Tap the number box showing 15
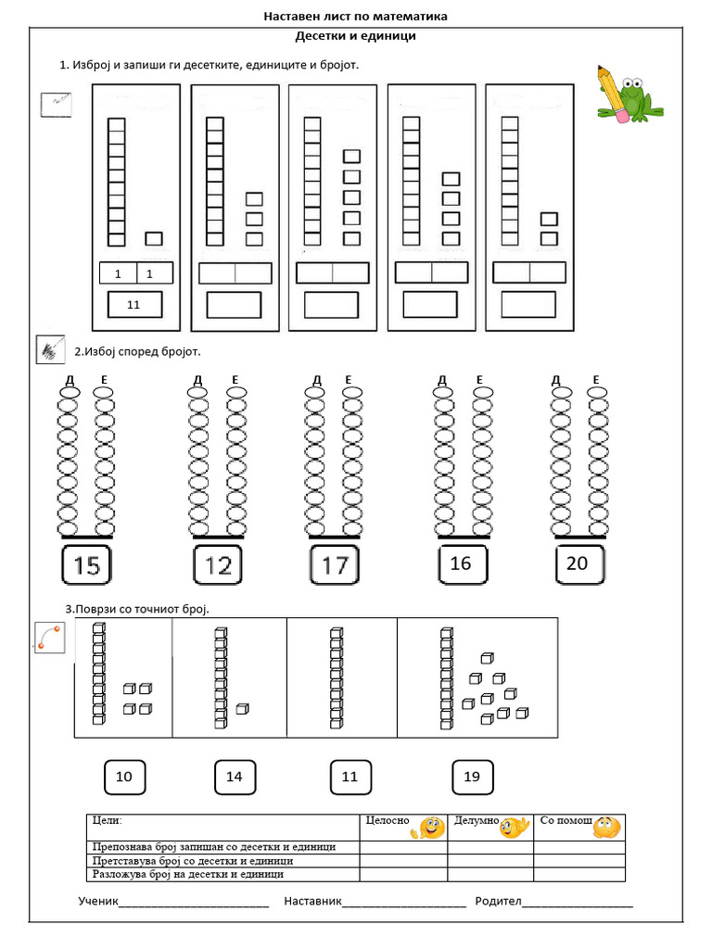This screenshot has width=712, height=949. click(86, 565)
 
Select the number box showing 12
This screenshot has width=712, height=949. click(218, 565)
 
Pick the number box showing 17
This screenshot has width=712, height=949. click(334, 565)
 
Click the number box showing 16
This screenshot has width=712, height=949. click(461, 563)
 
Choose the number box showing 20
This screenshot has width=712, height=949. click(578, 563)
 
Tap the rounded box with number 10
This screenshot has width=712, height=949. click(124, 777)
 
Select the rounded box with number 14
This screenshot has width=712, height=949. click(235, 777)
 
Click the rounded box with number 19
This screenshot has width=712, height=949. click(472, 777)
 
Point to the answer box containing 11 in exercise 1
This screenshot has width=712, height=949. click(134, 304)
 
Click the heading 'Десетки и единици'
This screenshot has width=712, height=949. click(355, 36)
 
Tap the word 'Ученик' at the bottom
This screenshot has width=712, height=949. click(99, 901)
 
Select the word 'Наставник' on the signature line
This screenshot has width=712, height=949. click(313, 901)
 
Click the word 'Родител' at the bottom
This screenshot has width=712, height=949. click(499, 901)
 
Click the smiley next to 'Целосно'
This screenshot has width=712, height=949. click(432, 828)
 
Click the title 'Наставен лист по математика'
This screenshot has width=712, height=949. click(355, 17)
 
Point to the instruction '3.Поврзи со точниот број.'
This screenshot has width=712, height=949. click(137, 608)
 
